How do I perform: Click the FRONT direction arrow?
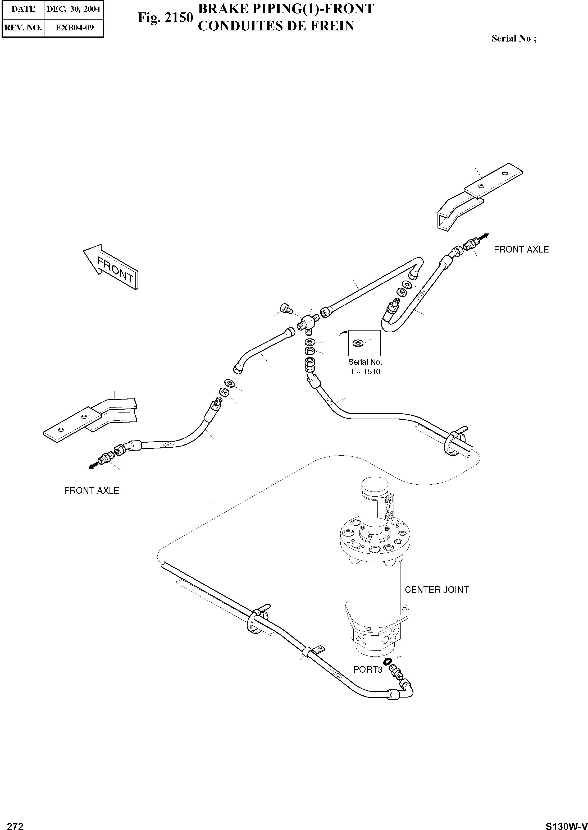(110, 268)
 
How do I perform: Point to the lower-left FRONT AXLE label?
(91, 490)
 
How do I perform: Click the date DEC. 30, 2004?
(73, 9)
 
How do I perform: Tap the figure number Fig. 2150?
(165, 17)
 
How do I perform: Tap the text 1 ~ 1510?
(365, 372)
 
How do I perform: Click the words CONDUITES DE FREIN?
(276, 26)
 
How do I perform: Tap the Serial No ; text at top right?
(513, 39)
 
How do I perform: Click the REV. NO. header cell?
(23, 27)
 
